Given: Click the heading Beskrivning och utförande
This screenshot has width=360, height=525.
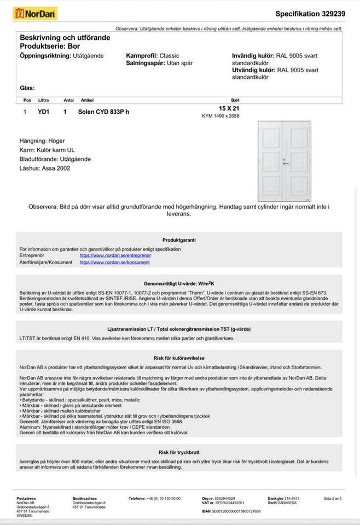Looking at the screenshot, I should tap(65, 38).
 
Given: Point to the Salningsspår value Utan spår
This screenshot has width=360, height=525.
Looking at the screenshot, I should tap(180, 63).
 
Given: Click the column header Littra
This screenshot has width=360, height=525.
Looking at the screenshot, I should tap(44, 100).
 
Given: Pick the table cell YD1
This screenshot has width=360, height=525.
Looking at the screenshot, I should tap(44, 112).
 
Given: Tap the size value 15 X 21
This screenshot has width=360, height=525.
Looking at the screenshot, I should tap(229, 109).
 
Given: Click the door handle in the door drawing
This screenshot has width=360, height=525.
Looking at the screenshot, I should tap(286, 162).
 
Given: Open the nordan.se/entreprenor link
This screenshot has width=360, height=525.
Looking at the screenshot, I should tap(115, 255).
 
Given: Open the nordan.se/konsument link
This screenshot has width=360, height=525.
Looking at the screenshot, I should tap(114, 262).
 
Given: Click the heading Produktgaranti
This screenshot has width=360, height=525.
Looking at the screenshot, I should tap(179, 240).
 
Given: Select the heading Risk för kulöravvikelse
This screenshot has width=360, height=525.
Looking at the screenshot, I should tap(179, 358).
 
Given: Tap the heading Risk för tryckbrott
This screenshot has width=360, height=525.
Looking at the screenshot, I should tap(179, 452).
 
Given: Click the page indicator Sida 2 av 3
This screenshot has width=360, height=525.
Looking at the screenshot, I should tap(333, 499).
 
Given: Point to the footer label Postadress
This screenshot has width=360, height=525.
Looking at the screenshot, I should tap(26, 499).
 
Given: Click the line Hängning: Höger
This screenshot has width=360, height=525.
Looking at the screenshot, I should tap(42, 141).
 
